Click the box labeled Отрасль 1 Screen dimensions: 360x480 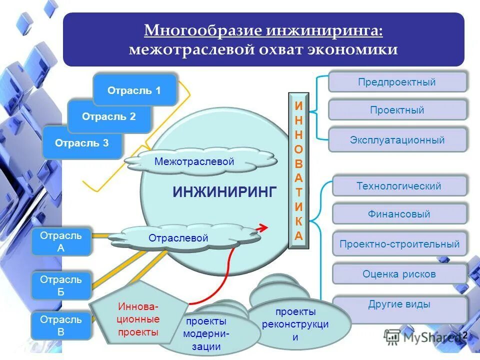134,90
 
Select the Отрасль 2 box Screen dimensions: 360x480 109,116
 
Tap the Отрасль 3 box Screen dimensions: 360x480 82,143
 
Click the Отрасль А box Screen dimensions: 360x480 61,241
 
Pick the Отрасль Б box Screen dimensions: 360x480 61,286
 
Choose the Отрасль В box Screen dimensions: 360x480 61,325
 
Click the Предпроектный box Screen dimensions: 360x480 397,82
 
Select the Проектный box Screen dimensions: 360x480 397,110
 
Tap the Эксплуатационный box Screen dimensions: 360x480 397,140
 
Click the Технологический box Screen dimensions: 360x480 399,186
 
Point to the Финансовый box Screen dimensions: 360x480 399,214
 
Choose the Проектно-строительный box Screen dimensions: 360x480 399,244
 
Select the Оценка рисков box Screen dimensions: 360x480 399,274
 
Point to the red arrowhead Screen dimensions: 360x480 262,227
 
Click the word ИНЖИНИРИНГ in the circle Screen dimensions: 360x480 224,191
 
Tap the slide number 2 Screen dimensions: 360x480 464,335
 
